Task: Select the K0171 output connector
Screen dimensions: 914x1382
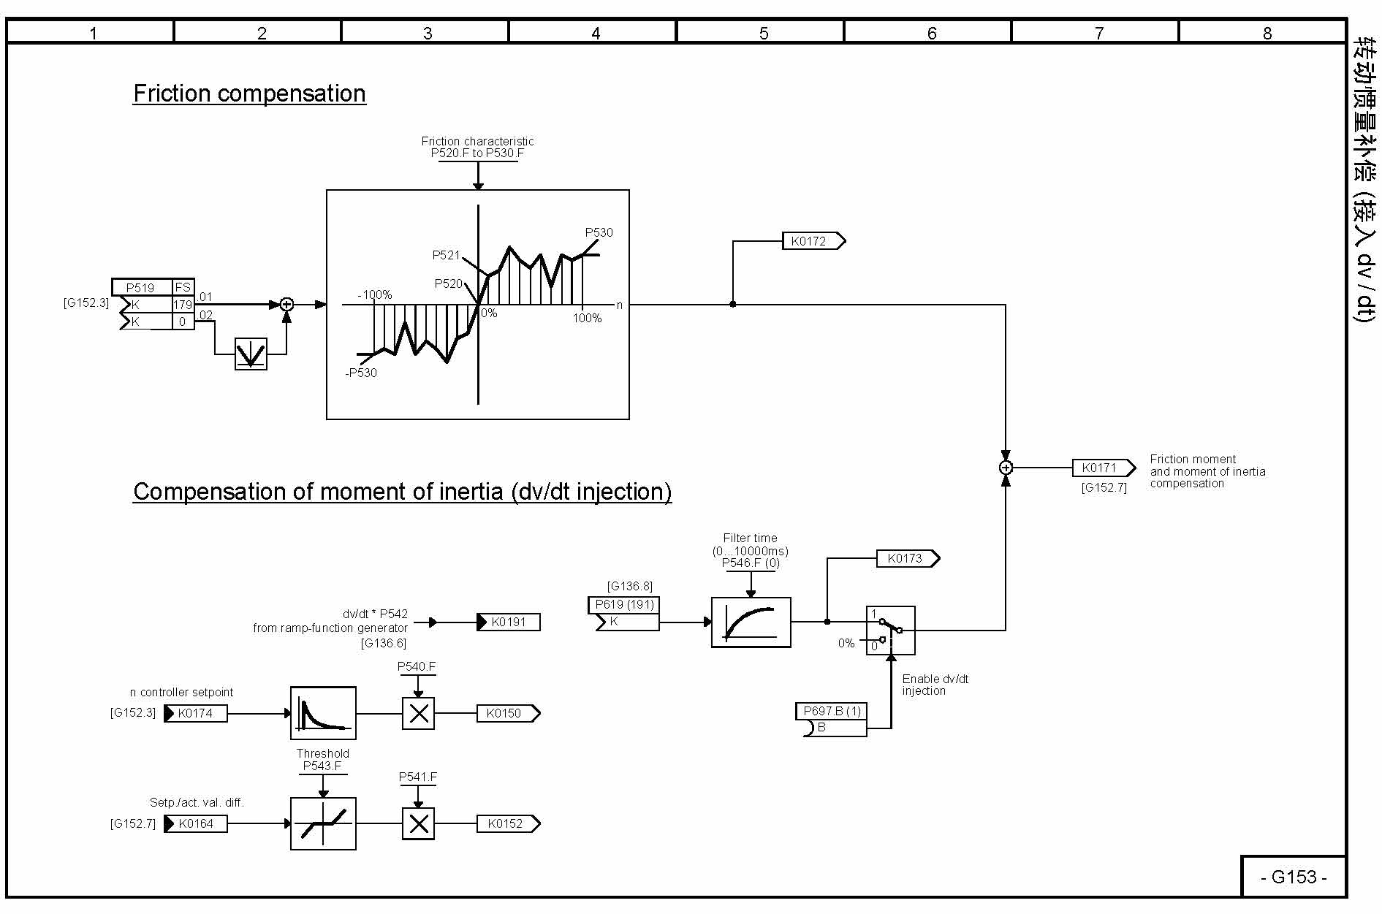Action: [1103, 468]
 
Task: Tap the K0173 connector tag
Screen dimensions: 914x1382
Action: [907, 559]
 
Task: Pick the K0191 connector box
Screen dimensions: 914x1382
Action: [509, 622]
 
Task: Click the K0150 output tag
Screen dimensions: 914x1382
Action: [508, 713]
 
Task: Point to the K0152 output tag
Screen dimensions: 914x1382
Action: [508, 823]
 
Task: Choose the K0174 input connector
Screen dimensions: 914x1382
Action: [195, 713]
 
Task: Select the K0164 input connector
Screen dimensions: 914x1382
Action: [195, 823]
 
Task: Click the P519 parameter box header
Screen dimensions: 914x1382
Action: [141, 287]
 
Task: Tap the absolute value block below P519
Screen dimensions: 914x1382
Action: [251, 354]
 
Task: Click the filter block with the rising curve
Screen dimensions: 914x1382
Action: [751, 622]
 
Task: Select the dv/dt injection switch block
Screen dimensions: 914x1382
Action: [890, 631]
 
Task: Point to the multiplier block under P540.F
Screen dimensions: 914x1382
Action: [418, 713]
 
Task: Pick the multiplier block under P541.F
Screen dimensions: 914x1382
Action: [418, 823]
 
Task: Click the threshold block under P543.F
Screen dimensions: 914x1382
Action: [323, 823]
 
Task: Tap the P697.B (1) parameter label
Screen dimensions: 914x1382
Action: [832, 711]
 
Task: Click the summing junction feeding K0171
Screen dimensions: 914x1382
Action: [1006, 468]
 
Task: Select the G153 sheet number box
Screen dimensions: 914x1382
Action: [1293, 877]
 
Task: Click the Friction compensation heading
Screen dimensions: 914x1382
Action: [249, 94]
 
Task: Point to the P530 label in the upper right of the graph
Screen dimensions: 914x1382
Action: [599, 232]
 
